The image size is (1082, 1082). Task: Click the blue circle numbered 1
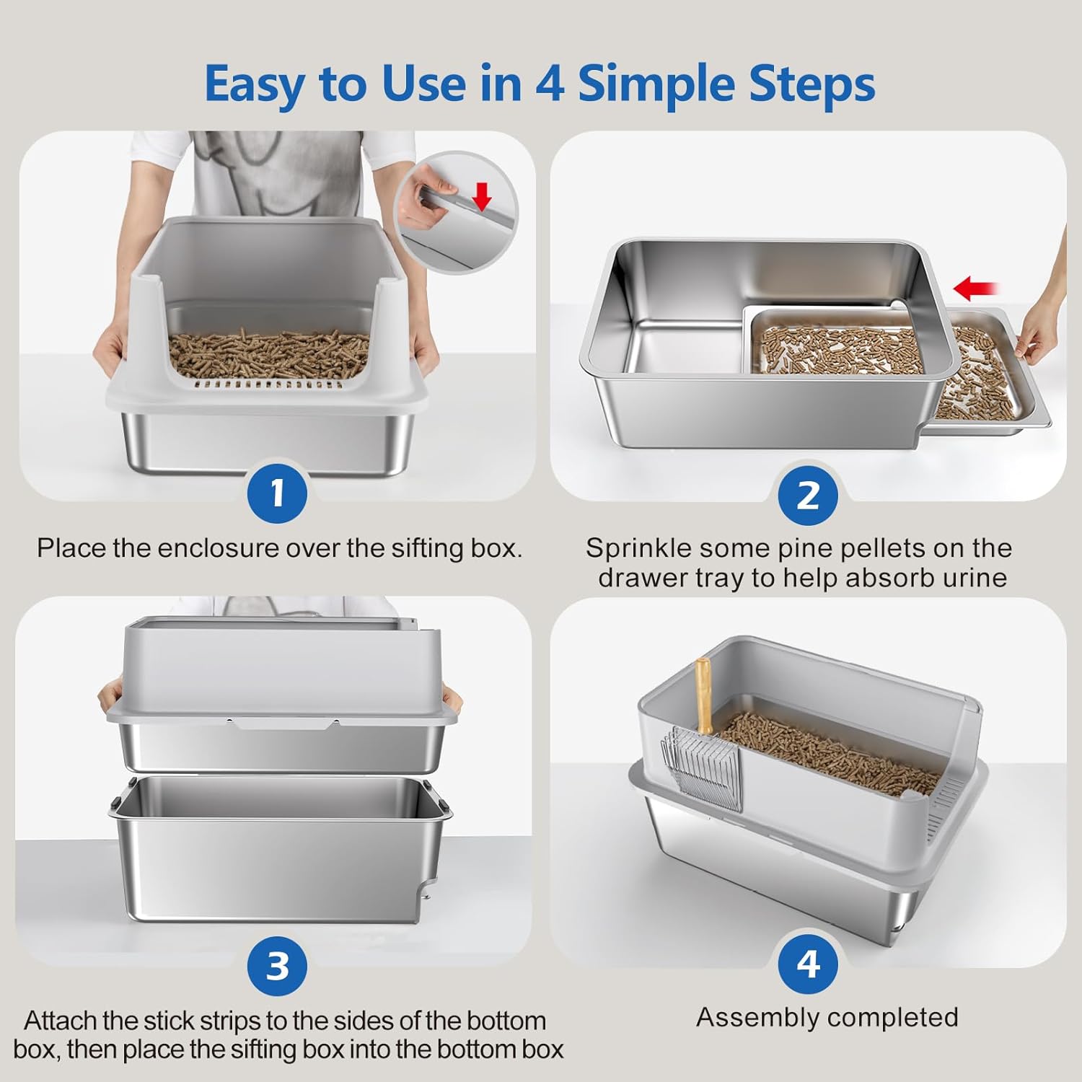278,494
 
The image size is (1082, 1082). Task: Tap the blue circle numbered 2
808,496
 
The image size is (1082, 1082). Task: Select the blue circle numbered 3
278,966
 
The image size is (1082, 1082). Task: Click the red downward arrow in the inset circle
482,195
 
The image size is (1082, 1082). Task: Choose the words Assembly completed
827,1017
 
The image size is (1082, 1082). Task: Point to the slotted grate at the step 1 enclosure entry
269,384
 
